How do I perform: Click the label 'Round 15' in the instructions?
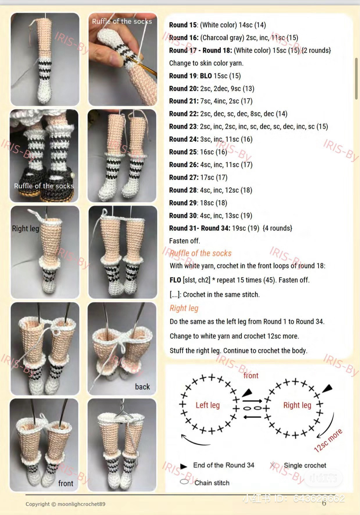click(183, 25)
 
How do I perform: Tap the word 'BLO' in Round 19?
click(206, 76)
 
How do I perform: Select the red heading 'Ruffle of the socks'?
click(200, 253)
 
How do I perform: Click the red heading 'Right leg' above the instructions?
click(184, 308)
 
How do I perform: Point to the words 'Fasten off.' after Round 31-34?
click(185, 241)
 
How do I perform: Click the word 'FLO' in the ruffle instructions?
click(175, 280)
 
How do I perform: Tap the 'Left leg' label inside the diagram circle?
click(207, 405)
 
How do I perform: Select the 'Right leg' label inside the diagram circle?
click(297, 405)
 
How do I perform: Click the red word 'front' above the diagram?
click(251, 375)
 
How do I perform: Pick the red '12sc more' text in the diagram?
click(328, 440)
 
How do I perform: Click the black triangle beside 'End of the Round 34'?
click(183, 466)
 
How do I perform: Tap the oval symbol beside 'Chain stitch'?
click(184, 482)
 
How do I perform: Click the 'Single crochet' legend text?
click(305, 465)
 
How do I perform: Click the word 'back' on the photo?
click(142, 387)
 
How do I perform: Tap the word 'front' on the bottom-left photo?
click(66, 483)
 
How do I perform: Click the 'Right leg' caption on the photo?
click(25, 228)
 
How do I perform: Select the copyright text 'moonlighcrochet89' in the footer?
click(81, 504)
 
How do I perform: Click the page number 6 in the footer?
click(324, 503)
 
